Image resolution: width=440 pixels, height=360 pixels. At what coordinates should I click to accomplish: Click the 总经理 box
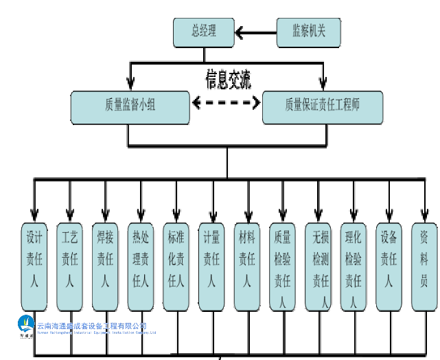(x=204, y=31)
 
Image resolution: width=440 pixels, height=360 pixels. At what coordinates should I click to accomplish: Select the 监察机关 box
(x=308, y=31)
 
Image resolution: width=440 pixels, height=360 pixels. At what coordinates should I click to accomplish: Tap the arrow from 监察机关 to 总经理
(x=255, y=32)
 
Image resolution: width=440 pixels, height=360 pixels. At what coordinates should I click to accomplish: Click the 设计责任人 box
(x=34, y=265)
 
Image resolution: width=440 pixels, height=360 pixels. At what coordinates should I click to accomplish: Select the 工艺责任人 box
(x=69, y=265)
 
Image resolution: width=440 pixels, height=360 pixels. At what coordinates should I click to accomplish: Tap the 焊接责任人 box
(x=105, y=265)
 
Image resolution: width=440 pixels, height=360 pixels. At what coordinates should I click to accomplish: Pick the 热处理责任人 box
(x=141, y=265)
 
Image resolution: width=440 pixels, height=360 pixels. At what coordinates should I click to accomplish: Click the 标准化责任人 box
(x=176, y=265)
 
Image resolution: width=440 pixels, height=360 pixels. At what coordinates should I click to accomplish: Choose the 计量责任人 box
(x=211, y=265)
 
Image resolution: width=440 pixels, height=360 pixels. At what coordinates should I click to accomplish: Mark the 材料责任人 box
(x=247, y=265)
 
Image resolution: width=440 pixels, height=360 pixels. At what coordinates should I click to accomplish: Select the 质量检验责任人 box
(x=283, y=265)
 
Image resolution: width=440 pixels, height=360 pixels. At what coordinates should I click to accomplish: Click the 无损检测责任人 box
(x=319, y=265)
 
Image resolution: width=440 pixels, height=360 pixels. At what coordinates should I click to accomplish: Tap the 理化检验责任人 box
(x=354, y=265)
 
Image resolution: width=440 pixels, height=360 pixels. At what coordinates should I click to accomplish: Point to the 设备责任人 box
(x=389, y=265)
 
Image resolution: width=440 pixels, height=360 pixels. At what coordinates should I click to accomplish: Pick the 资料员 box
(x=424, y=265)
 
